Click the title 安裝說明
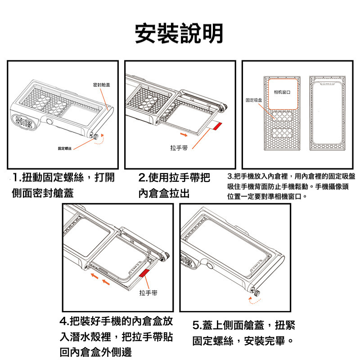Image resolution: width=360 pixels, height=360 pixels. pos(180,33)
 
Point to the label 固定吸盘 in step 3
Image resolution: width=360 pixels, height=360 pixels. pos(253,99)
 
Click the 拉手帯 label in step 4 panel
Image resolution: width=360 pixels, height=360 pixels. pos(148,293)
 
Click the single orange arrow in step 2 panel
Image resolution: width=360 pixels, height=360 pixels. pos(182,134)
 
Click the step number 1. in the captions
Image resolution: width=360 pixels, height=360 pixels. pos(18,177)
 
